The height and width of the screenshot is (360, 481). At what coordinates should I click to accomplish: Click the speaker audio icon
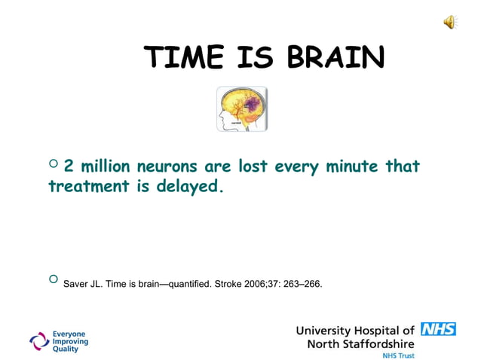pos(449,23)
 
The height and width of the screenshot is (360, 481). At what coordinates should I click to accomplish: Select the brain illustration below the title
pos(242,109)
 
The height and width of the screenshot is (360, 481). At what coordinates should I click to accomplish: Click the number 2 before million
pos(69,166)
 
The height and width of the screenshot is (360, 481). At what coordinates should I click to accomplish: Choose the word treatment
pos(88,185)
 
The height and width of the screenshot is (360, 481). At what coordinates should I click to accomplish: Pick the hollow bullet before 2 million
pos(53,165)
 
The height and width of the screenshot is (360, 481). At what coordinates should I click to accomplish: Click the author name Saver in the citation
pos(76,285)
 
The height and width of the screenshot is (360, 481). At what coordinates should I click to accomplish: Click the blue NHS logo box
pos(438,329)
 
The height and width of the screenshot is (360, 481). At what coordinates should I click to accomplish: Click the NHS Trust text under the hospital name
pos(398,355)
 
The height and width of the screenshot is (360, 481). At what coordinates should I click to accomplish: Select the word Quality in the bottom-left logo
pos(65,350)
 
